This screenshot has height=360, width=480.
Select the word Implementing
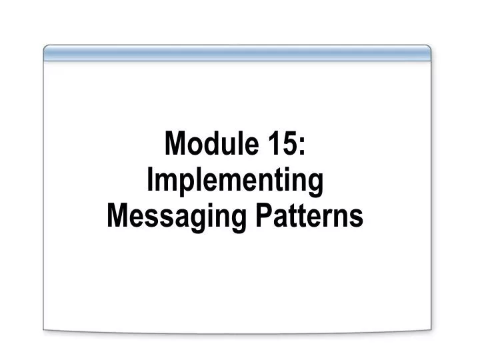(x=234, y=181)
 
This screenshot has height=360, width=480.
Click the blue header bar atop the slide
(x=237, y=53)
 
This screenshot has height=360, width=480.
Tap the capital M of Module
(x=175, y=143)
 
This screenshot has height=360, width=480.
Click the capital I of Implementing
(x=150, y=180)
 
